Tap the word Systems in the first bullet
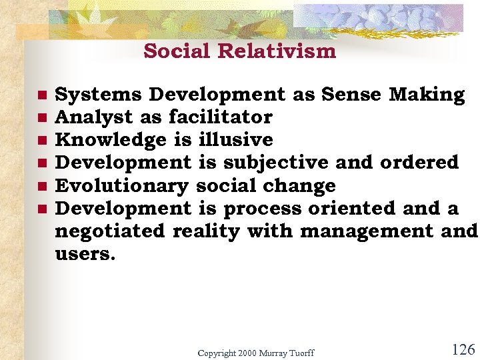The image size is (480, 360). pos(98,95)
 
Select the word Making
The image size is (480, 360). pos(427,95)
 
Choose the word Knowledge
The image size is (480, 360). pos(111,140)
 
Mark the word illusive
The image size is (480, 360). pos(235,140)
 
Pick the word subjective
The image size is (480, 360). pos(275,162)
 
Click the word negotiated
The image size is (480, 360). pos(110,231)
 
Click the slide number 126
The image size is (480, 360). pos(463,349)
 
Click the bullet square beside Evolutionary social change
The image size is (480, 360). pos(41,186)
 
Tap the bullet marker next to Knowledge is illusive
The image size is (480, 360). pos(41,141)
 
